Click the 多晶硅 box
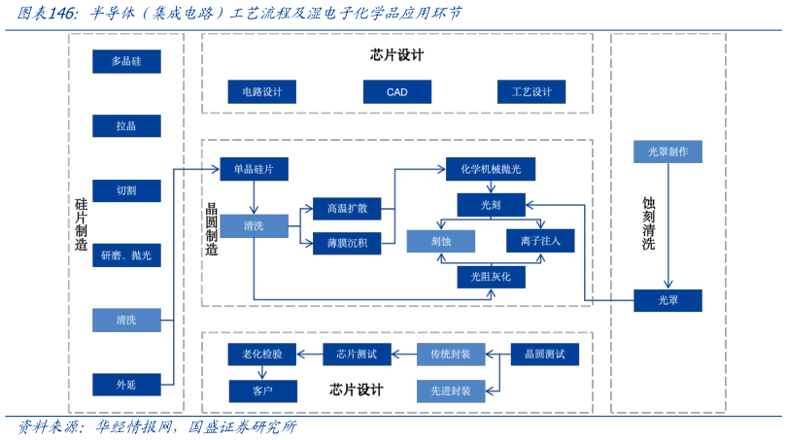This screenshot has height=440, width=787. pyautogui.click(x=126, y=61)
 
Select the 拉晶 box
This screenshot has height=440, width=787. pyautogui.click(x=126, y=126)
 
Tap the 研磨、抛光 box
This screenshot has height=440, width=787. pyautogui.click(x=126, y=255)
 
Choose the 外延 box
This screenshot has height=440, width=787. pyautogui.click(x=126, y=385)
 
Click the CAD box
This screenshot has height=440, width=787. pyautogui.click(x=396, y=92)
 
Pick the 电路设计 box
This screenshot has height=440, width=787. pyautogui.click(x=261, y=92)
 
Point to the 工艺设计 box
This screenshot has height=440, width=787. pyautogui.click(x=530, y=92)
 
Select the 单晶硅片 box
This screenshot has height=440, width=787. pyautogui.click(x=254, y=169)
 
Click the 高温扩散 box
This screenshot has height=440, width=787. pyautogui.click(x=347, y=209)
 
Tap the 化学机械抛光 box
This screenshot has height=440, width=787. pyautogui.click(x=491, y=169)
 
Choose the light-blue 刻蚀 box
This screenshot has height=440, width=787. pyautogui.click(x=440, y=241)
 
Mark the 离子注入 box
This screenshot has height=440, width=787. pyautogui.click(x=540, y=241)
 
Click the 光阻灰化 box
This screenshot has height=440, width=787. pyautogui.click(x=491, y=277)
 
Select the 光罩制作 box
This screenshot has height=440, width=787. pyautogui.click(x=667, y=152)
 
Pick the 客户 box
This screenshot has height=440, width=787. pyautogui.click(x=262, y=391)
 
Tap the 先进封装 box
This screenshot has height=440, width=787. pyautogui.click(x=450, y=391)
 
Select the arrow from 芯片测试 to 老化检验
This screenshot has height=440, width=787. pyautogui.click(x=310, y=355)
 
